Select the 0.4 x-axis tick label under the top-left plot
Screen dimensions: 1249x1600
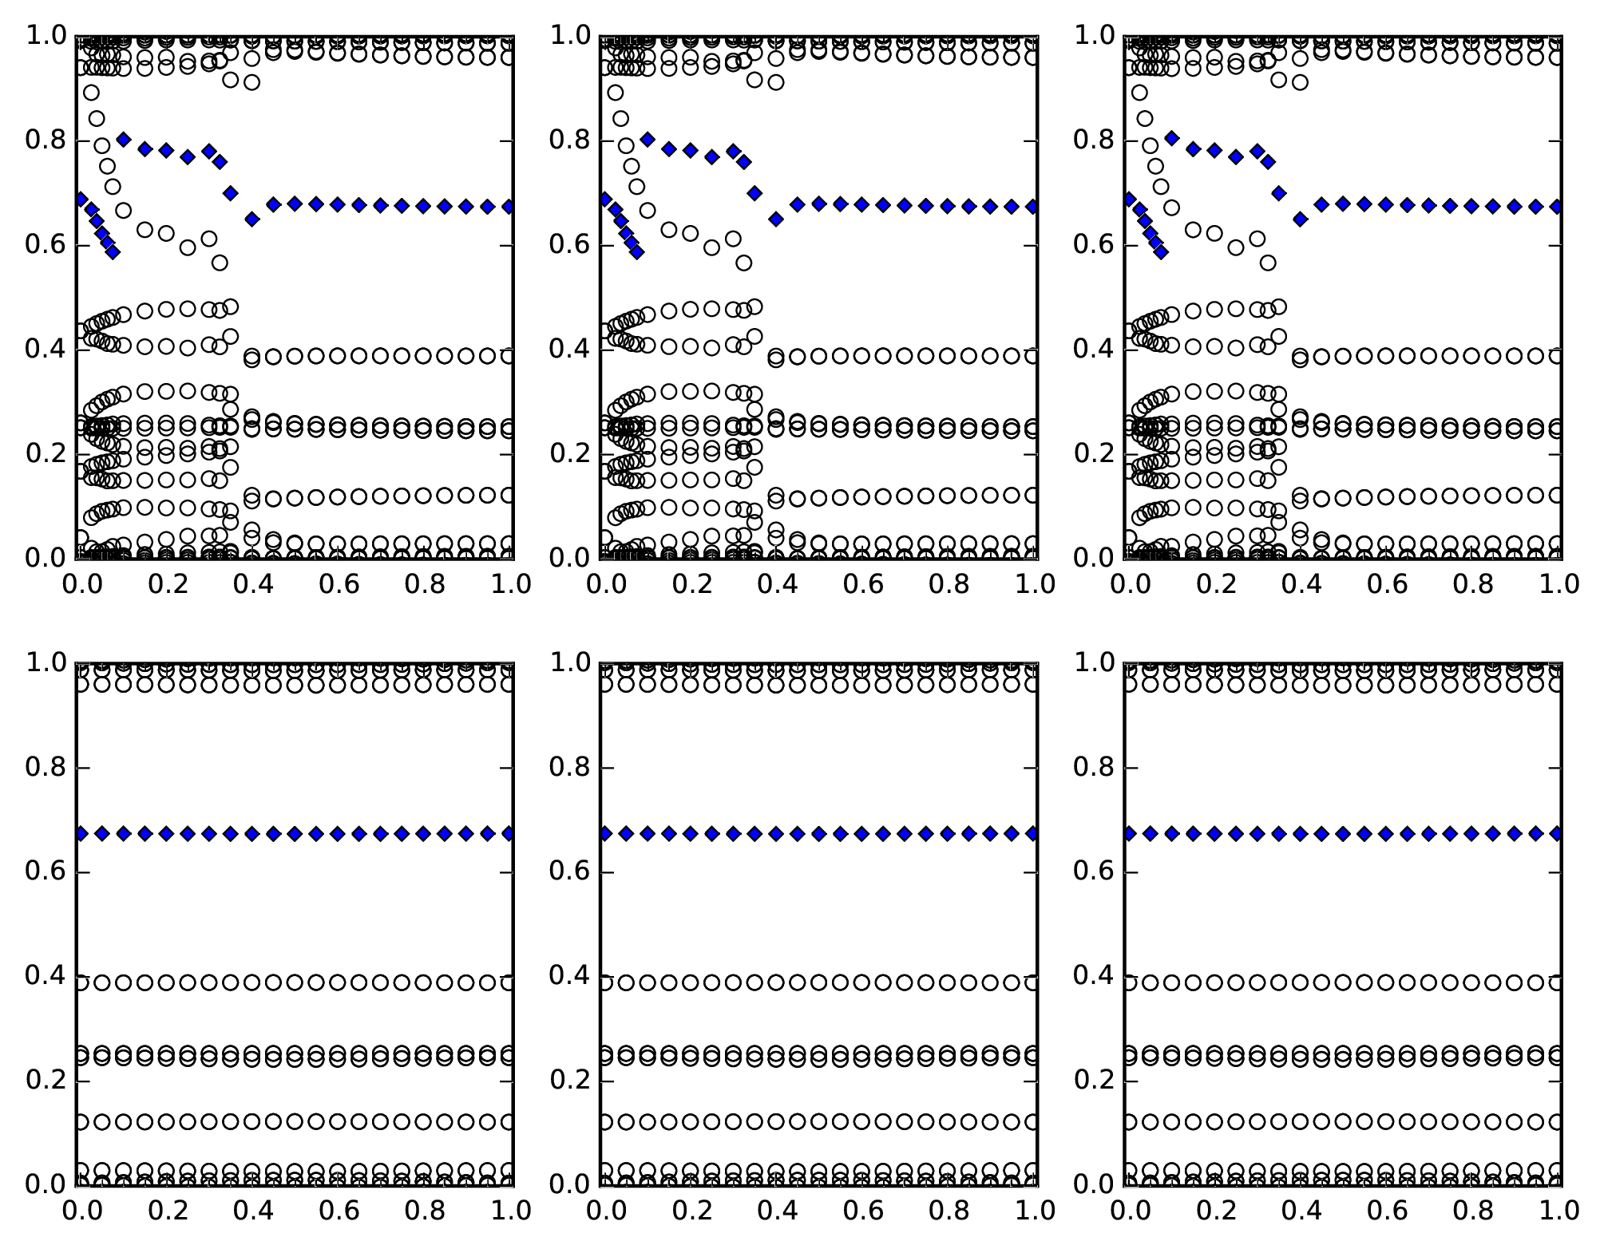(x=253, y=585)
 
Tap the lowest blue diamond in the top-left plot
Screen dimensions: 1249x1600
(x=113, y=252)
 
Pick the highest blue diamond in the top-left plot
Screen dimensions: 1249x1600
(x=124, y=140)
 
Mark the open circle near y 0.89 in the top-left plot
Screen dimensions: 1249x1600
(x=92, y=93)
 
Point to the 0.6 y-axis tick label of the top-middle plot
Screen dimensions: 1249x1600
(x=568, y=246)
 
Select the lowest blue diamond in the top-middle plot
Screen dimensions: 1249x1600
(x=636, y=252)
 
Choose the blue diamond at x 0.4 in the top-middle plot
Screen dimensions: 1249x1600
(x=776, y=219)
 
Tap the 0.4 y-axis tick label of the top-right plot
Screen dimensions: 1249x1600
(x=1092, y=350)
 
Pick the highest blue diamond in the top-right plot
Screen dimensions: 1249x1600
(x=1171, y=138)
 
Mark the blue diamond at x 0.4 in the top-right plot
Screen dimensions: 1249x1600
(x=1300, y=219)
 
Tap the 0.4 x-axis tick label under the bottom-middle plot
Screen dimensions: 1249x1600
(x=777, y=1211)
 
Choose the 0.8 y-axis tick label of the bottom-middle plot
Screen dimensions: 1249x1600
(x=568, y=769)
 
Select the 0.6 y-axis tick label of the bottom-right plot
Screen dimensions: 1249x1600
(x=1092, y=872)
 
